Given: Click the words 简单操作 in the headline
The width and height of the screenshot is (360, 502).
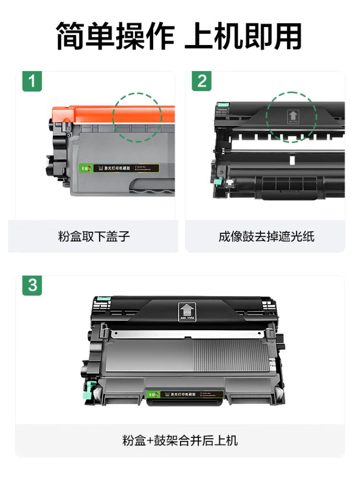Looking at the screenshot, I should tap(116, 36).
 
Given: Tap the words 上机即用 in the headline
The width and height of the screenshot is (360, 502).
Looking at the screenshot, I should tap(243, 36).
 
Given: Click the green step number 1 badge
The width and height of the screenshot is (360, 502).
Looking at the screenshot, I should tap(32, 81).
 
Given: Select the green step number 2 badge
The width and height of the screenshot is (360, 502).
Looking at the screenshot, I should tap(202, 81).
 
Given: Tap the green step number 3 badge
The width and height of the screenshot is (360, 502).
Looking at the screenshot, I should tap(32, 285).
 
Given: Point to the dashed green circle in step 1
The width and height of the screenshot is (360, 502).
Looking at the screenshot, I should tap(137, 117).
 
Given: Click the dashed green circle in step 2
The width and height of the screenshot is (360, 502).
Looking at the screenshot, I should tap(291, 117).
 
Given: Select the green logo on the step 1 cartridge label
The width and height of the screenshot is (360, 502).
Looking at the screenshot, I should tap(85, 168).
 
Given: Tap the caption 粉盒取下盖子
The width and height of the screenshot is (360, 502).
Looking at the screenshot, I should tap(94, 237).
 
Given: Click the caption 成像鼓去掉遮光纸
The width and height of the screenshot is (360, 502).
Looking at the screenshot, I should tap(266, 237).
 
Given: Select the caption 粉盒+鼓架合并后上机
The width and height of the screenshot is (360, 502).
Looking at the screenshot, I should tap(180, 440).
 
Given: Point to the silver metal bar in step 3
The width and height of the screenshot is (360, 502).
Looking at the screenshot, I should tap(187, 333).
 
